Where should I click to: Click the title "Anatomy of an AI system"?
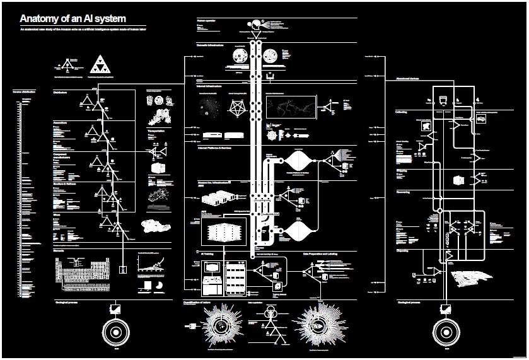pyautogui.click(x=73, y=19)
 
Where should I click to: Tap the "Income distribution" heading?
pyautogui.click(x=24, y=91)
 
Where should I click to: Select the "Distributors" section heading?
pyautogui.click(x=61, y=92)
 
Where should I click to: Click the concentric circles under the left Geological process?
pyautogui.click(x=117, y=332)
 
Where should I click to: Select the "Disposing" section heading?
pyautogui.click(x=403, y=249)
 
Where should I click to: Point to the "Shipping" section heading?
pyautogui.click(x=402, y=170)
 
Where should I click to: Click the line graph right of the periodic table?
pyautogui.click(x=152, y=263)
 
